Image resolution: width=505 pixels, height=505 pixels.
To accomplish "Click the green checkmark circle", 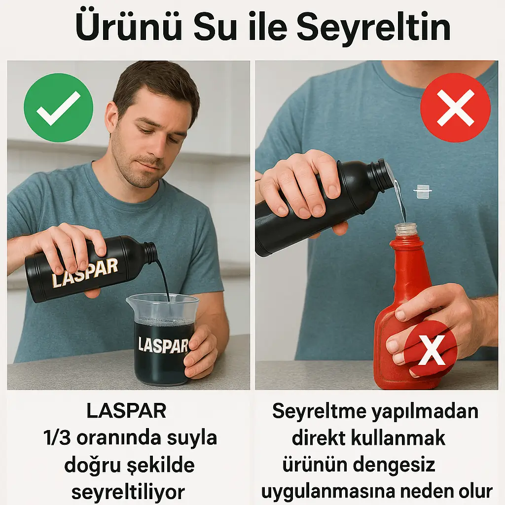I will pyautogui.click(x=58, y=108).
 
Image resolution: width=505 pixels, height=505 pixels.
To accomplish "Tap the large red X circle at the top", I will pyautogui.click(x=455, y=108).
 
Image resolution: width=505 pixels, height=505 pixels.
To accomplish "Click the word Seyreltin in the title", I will pyautogui.click(x=374, y=29).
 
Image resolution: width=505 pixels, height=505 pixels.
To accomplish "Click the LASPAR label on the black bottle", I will pyautogui.click(x=85, y=272).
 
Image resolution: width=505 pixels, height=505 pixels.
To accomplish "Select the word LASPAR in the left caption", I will pyautogui.click(x=126, y=411).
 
